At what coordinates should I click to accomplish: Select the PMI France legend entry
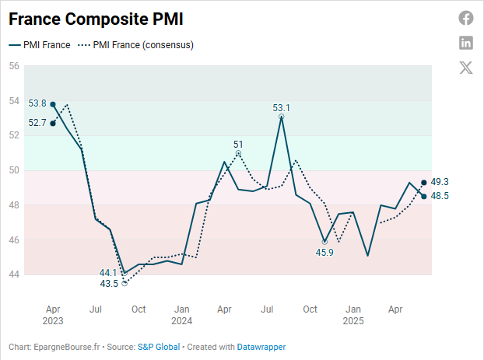(40, 45)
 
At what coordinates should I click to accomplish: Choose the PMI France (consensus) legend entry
(135, 45)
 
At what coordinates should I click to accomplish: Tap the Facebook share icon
(465, 18)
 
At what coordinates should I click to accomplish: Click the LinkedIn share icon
(465, 43)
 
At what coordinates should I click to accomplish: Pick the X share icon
(465, 67)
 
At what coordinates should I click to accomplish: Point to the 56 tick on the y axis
(14, 66)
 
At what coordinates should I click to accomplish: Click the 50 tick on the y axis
(14, 170)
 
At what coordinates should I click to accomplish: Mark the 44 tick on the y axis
(14, 274)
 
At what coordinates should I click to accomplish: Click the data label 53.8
(37, 103)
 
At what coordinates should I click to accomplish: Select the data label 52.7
(37, 123)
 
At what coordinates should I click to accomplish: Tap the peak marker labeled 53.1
(281, 117)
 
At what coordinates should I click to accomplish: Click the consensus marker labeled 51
(238, 153)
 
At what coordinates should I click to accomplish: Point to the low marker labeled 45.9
(324, 242)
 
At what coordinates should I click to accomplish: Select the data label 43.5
(109, 284)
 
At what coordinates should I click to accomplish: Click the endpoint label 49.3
(440, 182)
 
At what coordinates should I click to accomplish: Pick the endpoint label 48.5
(440, 196)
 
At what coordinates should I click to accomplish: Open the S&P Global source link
(159, 347)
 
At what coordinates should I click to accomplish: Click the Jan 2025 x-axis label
(352, 315)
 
